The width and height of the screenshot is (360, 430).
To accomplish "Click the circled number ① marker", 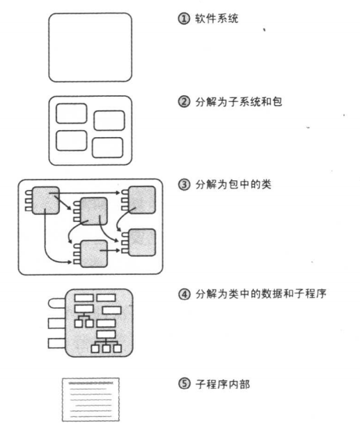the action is coord(184,19).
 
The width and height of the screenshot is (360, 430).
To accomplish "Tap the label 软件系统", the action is coord(217,19).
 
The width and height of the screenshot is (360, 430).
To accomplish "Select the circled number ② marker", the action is coord(184,102).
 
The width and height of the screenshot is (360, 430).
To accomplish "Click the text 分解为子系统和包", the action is coord(238,102).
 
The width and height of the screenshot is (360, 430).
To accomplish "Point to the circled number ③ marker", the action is coord(184,184).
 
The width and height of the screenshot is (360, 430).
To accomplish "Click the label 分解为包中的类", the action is coord(233,184).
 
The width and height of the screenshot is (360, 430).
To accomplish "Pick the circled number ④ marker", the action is coord(184,294).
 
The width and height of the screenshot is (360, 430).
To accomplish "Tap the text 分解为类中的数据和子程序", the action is coord(260,294).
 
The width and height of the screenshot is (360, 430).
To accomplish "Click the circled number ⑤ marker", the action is coord(184,384).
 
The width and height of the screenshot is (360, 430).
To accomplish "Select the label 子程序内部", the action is coord(222,384).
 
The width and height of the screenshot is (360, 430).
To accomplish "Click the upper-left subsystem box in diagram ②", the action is coord(71,113).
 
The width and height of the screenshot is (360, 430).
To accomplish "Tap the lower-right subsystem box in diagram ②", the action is coord(107,148).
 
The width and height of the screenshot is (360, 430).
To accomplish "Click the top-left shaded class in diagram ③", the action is coord(45,200).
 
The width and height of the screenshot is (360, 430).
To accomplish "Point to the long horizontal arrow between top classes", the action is coord(84,193).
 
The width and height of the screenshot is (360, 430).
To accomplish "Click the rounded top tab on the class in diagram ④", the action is coord(57,303).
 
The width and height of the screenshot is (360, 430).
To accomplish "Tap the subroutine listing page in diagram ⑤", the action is coord(91,399).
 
